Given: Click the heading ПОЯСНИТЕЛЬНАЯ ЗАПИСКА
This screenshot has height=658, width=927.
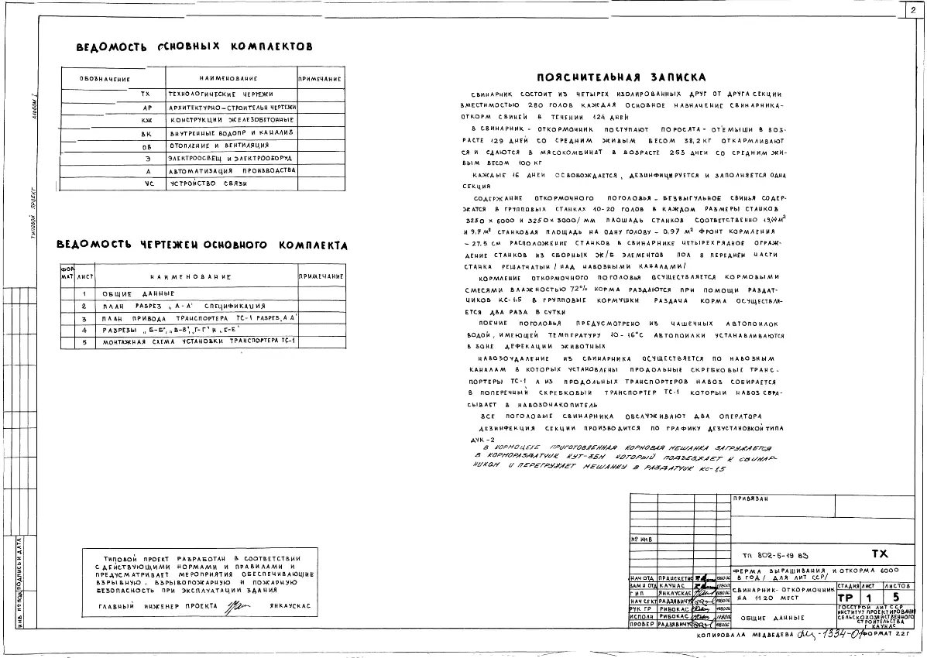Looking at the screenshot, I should [x=622, y=77].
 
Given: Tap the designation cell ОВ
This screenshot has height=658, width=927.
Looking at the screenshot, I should [x=146, y=146].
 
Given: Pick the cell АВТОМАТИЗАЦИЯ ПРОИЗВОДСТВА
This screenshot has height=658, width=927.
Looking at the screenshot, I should [x=232, y=170].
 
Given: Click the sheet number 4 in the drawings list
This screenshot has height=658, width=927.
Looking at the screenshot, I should [x=84, y=330].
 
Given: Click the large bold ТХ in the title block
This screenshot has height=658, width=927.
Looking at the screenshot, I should [x=879, y=554].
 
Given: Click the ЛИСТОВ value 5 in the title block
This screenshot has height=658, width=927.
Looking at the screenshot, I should [x=895, y=598].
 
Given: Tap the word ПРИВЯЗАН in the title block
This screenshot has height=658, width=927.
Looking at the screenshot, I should [x=750, y=499].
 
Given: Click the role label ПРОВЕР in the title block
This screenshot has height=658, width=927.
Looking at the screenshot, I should [x=643, y=623].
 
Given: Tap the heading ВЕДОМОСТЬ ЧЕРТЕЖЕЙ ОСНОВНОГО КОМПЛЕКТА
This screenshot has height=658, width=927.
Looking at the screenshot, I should [x=201, y=245].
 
